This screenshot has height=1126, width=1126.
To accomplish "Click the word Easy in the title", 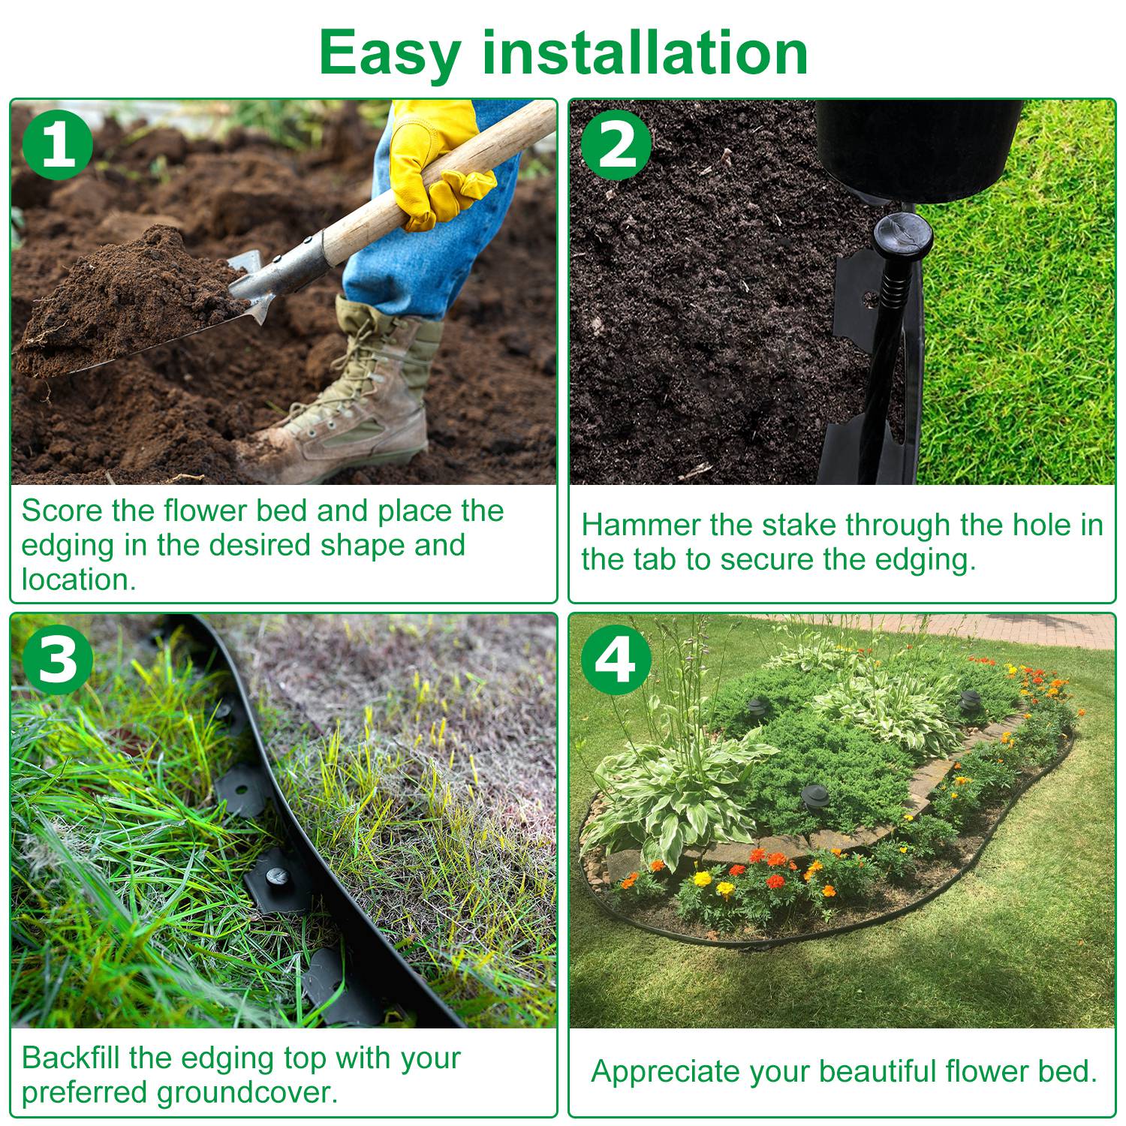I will (x=390, y=53).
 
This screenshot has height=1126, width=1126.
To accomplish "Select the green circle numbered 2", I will (x=616, y=144).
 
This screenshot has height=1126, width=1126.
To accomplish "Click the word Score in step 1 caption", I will (x=62, y=511).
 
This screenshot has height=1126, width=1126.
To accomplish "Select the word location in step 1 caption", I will (x=78, y=580).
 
